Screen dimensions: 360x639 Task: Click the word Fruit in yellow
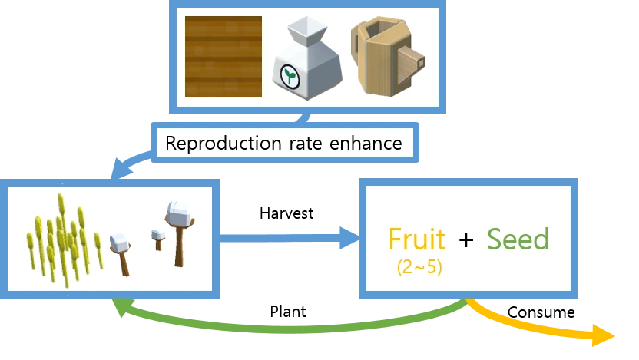pyautogui.click(x=417, y=239)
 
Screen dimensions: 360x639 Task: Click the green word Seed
pyautogui.click(x=518, y=239)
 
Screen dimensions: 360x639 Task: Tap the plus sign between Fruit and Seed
pyautogui.click(x=465, y=240)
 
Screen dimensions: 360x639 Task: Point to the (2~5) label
pyautogui.click(x=419, y=268)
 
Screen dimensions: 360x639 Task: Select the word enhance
pyautogui.click(x=362, y=143)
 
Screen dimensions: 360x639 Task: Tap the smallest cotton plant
pyautogui.click(x=159, y=239)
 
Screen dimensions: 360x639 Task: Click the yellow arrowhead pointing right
pyautogui.click(x=607, y=337)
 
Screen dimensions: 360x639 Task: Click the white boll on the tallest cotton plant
pyautogui.click(x=180, y=211)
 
